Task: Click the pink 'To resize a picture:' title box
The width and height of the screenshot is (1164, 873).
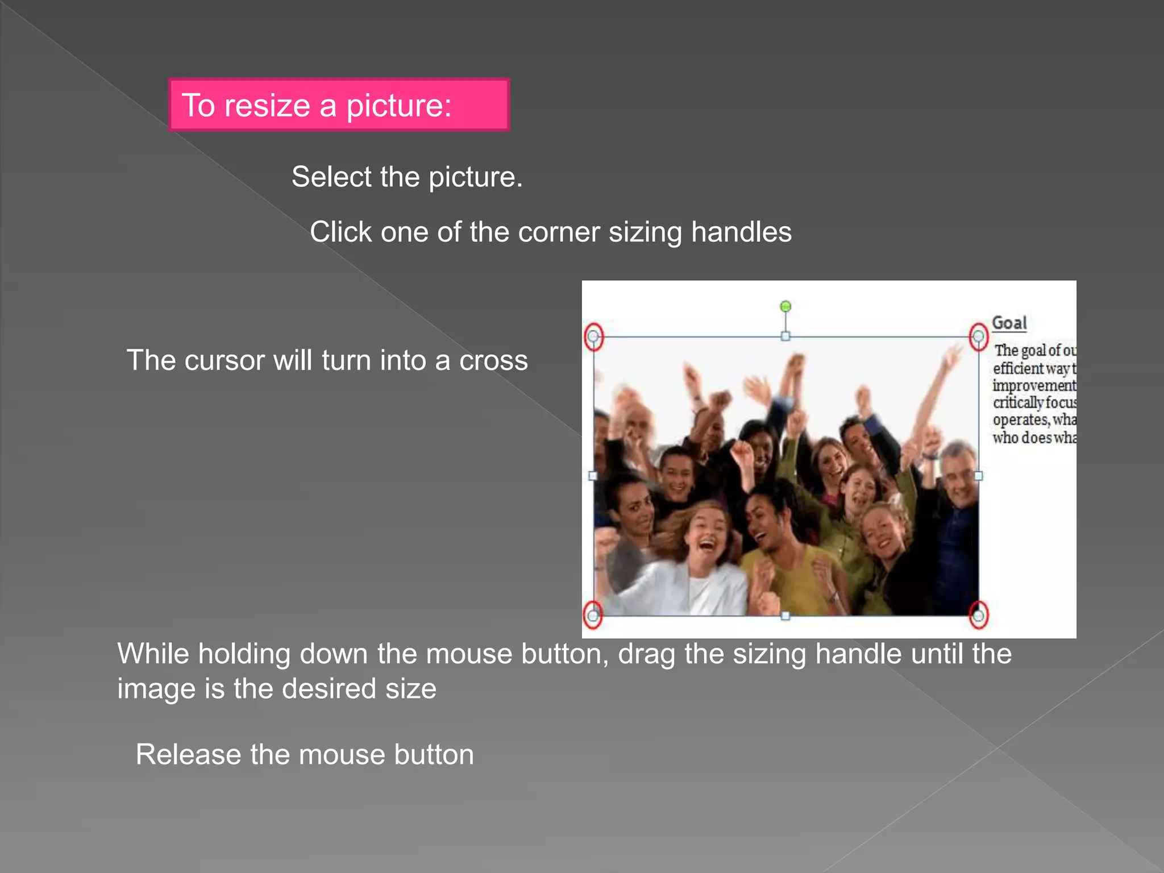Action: [x=339, y=105]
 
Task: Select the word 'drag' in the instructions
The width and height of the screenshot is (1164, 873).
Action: [x=647, y=654]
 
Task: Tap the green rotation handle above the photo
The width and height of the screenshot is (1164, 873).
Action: [x=785, y=307]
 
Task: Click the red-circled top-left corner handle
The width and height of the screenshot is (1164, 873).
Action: [x=593, y=336]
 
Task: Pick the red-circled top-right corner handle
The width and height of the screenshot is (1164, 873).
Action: [x=978, y=336]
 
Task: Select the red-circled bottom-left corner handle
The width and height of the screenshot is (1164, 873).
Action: [x=593, y=615]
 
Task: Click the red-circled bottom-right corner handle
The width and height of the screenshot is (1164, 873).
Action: [x=978, y=615]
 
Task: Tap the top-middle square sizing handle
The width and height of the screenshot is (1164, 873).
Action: [x=785, y=336]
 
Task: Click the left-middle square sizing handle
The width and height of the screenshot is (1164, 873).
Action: [x=593, y=476]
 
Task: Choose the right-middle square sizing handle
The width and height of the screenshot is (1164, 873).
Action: [x=978, y=476]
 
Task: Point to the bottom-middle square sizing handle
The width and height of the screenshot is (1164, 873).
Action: [x=785, y=616]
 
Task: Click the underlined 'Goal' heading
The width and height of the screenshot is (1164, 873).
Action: [x=1009, y=323]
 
